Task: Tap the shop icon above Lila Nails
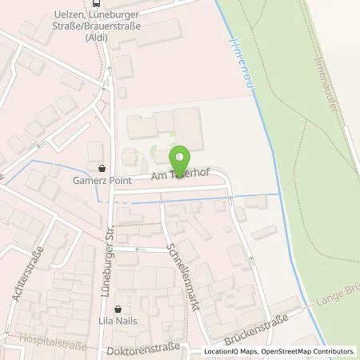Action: [x=118, y=309]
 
